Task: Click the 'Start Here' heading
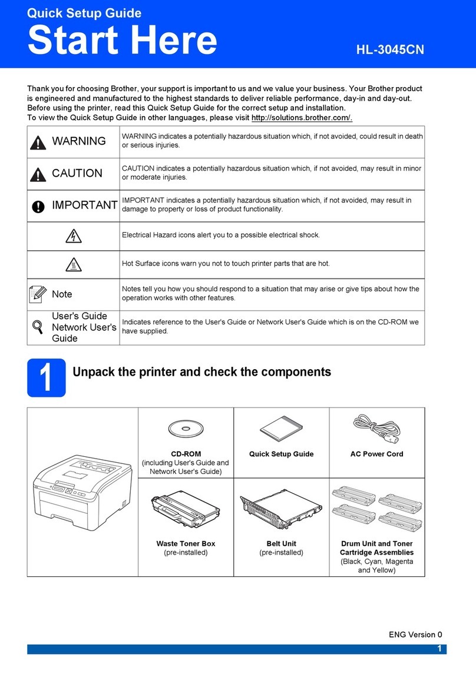122,41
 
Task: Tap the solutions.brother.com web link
302,118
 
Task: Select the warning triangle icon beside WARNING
38,141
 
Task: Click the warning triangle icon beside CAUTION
38,174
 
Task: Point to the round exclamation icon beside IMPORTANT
38,205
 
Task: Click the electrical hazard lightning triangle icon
73,236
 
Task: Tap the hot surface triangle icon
73,264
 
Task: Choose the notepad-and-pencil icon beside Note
38,293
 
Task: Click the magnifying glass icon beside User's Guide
37,327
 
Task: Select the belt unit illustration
280,506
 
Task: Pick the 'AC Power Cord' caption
376,454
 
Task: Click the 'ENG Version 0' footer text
415,634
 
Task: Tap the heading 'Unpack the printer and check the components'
201,372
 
